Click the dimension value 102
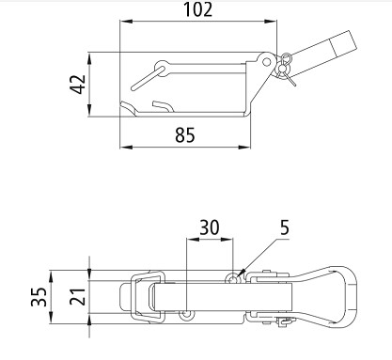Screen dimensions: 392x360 pos(197,9)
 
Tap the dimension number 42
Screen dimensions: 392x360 pos(77,84)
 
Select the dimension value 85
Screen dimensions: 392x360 pos(185,135)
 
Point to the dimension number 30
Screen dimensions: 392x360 pos(210,227)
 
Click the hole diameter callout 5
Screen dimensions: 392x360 pos(285,227)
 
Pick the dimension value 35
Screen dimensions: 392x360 pos(39,296)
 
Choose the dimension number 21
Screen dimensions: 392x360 pos(77,296)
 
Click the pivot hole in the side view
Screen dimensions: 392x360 pos(267,62)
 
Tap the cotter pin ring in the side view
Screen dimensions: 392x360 pos(286,58)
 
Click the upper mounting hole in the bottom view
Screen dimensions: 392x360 pos(232,278)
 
